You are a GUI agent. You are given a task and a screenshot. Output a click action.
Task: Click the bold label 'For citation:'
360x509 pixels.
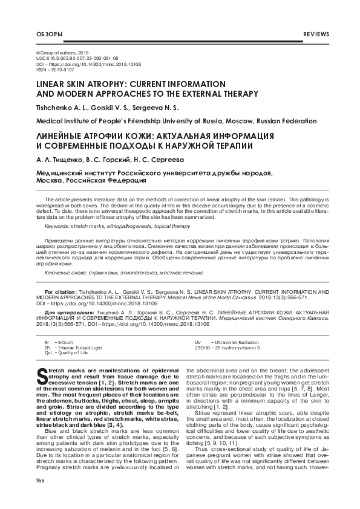(x=61, y=291)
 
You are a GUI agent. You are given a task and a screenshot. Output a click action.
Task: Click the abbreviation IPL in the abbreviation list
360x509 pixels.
(x=48, y=348)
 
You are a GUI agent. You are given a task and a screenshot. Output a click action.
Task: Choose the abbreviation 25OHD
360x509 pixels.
(x=201, y=348)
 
